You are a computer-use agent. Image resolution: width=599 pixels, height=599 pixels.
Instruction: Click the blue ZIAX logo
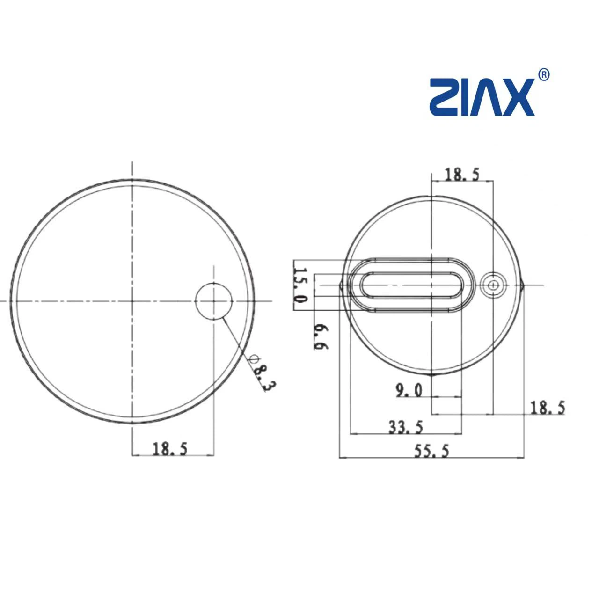tap(482, 97)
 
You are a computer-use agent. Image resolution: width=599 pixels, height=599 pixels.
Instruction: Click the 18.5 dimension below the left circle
tap(170, 449)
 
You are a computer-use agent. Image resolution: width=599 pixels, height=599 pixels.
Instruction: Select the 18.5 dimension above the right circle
tap(462, 174)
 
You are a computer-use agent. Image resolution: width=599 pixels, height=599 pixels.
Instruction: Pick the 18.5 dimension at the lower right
tap(548, 408)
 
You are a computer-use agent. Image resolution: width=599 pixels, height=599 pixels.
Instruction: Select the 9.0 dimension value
tap(409, 391)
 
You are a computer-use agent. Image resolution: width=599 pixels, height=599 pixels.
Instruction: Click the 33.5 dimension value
tap(406, 428)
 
